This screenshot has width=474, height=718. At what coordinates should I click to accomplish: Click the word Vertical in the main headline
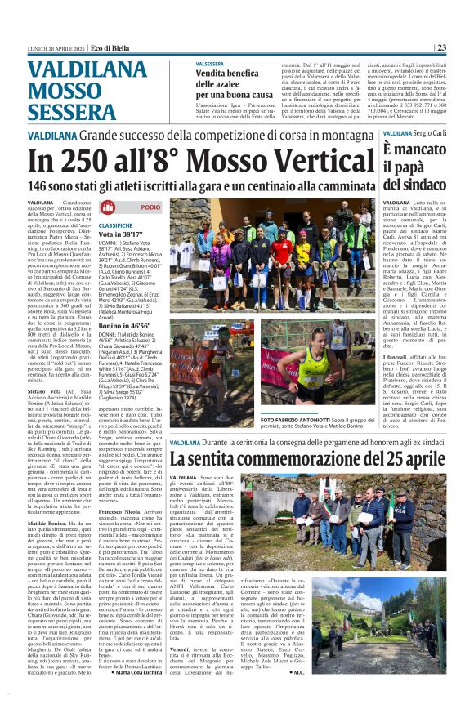[322, 159]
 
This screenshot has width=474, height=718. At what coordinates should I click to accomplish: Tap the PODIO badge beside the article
[144, 207]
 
